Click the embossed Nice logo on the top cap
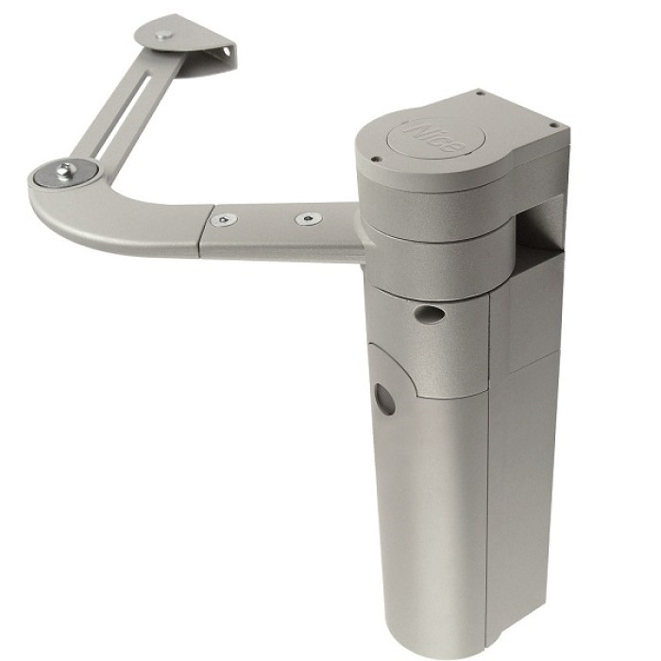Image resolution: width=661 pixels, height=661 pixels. (x=433, y=136)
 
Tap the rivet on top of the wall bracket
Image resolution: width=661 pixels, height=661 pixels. (x=163, y=35)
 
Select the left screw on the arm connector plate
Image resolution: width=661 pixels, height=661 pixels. (x=224, y=219)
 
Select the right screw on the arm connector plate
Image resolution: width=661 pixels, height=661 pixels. (x=308, y=218)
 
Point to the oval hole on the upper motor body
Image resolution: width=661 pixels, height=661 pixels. (x=430, y=314)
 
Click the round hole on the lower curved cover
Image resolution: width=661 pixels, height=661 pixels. (x=385, y=398)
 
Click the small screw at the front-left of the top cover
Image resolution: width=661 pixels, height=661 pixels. (x=374, y=159)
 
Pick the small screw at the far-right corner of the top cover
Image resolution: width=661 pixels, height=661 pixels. (x=554, y=125)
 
